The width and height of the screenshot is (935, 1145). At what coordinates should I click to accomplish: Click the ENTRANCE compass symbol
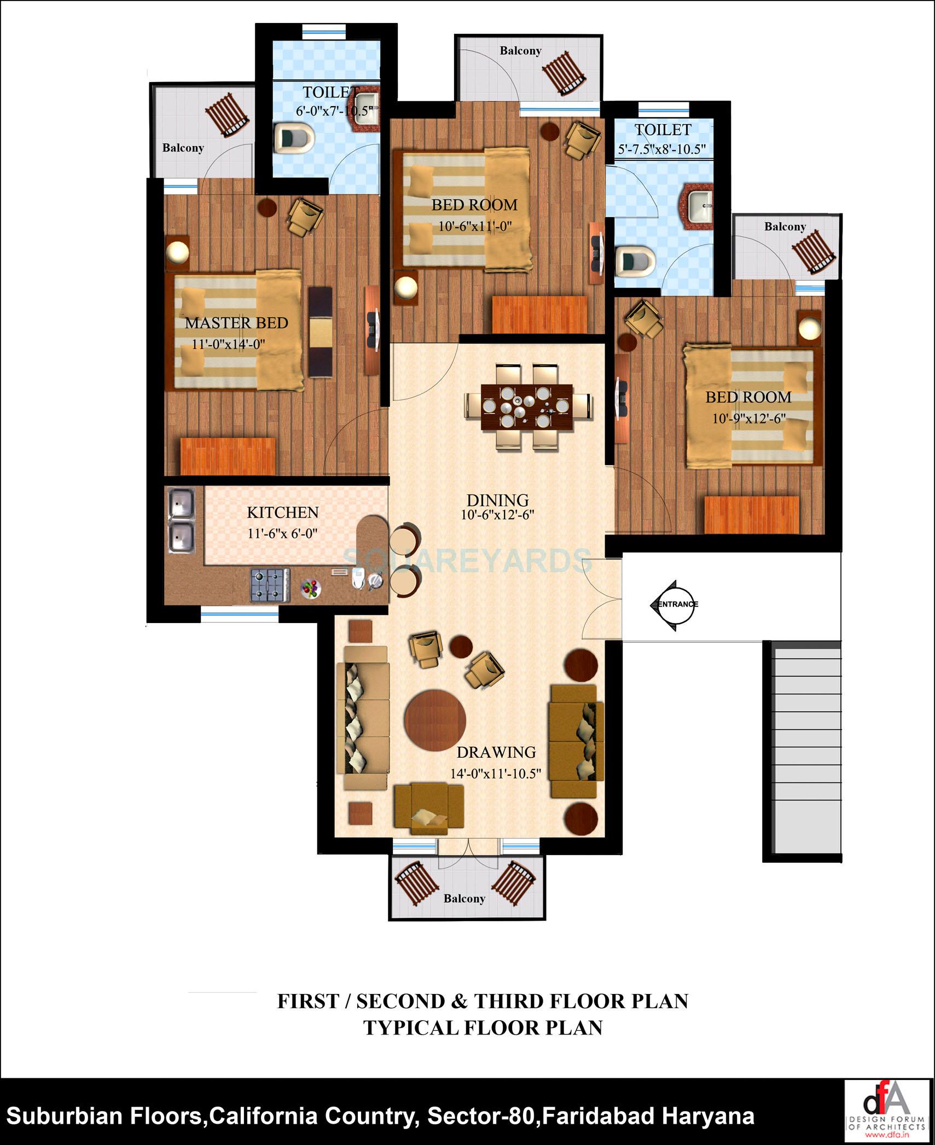click(x=673, y=605)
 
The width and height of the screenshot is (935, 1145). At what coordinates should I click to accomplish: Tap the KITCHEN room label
click(x=282, y=513)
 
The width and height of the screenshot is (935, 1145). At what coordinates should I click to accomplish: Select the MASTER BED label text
click(x=236, y=323)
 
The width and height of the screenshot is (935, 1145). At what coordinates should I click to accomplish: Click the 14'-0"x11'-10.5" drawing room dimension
click(x=496, y=774)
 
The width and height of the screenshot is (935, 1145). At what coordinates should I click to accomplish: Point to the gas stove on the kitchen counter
click(x=270, y=585)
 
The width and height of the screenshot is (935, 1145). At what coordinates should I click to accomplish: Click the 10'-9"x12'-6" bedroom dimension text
click(x=748, y=419)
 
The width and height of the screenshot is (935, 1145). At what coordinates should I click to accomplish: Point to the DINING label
click(x=497, y=500)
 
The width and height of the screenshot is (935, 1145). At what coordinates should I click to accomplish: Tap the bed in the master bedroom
click(x=238, y=332)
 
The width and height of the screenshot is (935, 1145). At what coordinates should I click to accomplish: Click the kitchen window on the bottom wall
click(x=240, y=615)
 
